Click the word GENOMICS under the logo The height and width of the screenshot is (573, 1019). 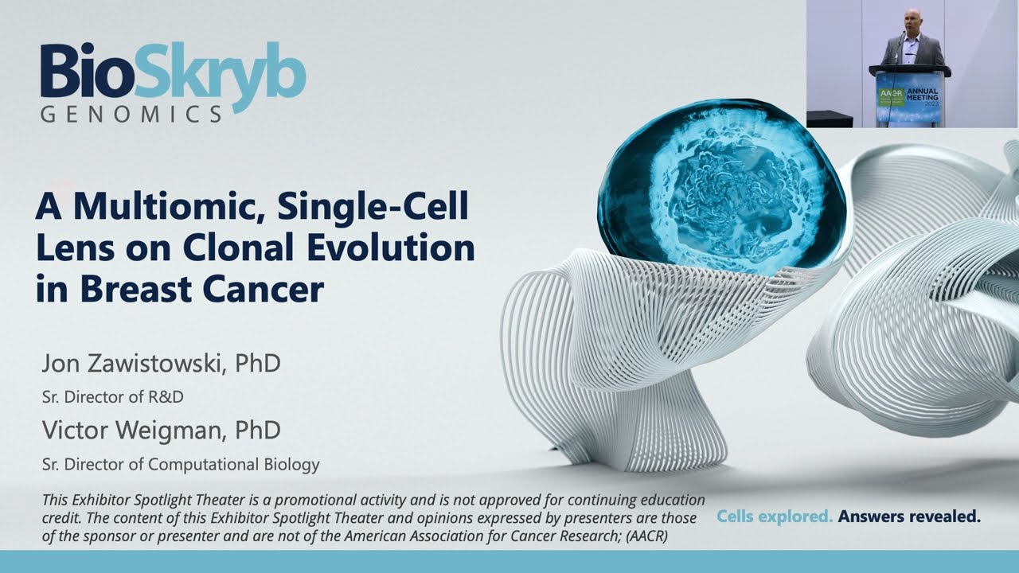click(131, 115)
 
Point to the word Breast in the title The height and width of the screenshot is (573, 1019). click(133, 289)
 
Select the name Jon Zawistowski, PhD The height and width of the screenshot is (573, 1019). click(161, 364)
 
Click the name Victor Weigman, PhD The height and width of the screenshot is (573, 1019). click(161, 431)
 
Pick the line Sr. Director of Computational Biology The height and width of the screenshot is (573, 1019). click(180, 464)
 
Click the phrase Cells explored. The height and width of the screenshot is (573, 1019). click(775, 516)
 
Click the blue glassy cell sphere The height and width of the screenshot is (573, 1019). click(720, 185)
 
